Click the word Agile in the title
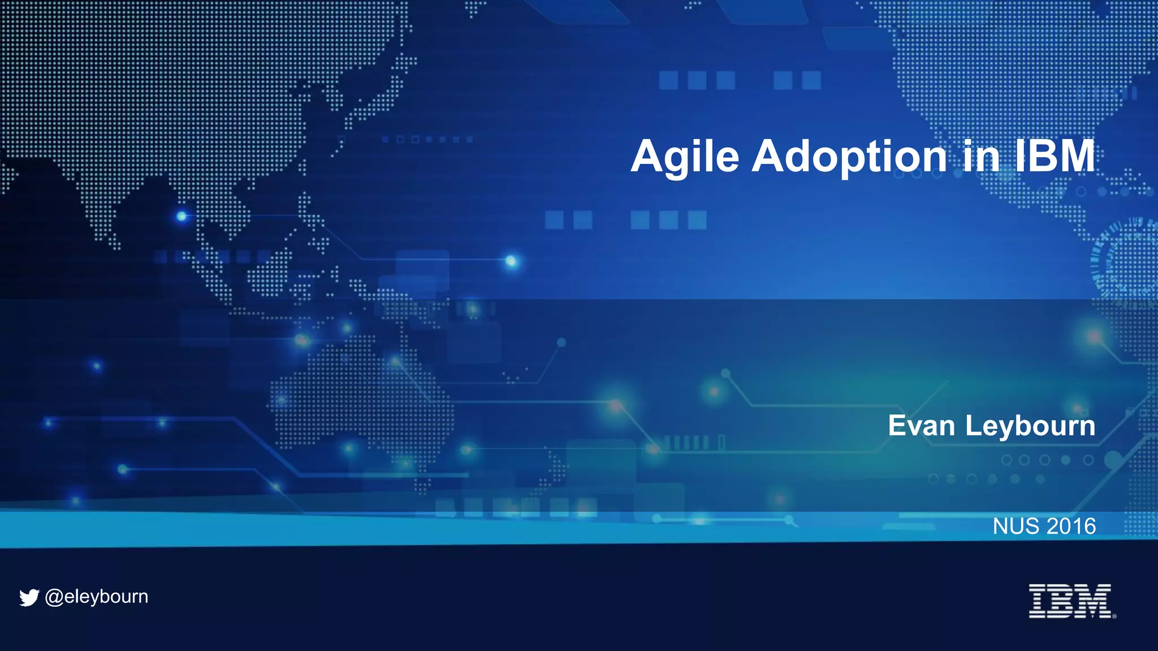click(685, 157)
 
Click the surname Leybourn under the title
click(1030, 427)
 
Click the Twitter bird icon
click(29, 597)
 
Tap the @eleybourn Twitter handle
click(97, 597)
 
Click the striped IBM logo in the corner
click(1070, 601)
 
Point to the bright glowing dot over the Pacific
click(511, 261)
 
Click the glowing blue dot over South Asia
click(182, 216)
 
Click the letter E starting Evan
click(897, 426)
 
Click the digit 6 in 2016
click(1089, 526)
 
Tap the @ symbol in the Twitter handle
click(54, 597)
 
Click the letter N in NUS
click(1001, 526)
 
